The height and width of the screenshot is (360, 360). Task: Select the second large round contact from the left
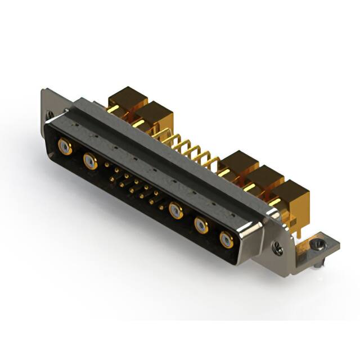[89, 162]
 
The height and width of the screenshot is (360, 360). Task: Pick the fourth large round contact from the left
[201, 226]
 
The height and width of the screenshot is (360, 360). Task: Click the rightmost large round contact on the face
[226, 240]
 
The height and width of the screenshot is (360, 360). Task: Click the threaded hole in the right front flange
[276, 246]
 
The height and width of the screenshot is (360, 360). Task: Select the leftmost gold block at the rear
[127, 98]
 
